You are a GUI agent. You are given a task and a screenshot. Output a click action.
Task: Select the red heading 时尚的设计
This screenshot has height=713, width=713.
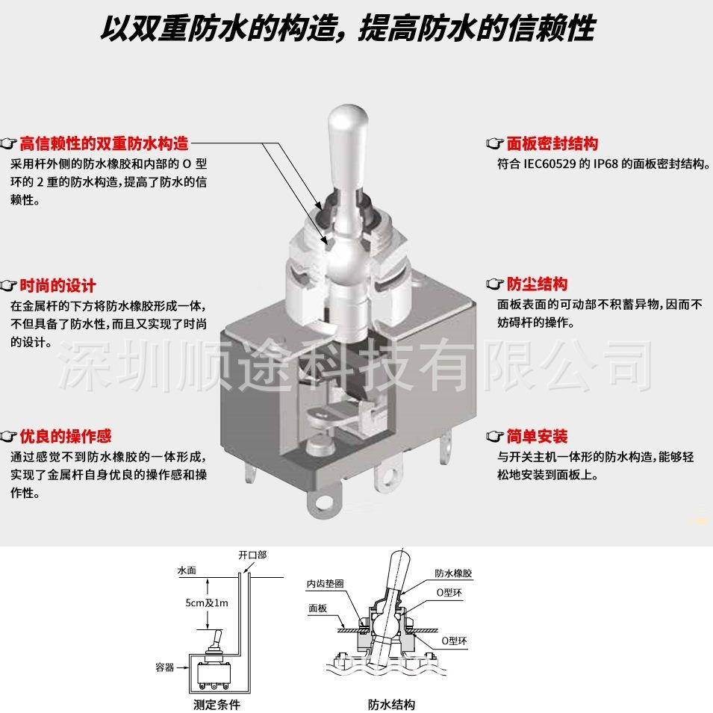click(x=57, y=285)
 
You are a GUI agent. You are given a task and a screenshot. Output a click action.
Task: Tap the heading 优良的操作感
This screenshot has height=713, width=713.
click(x=65, y=436)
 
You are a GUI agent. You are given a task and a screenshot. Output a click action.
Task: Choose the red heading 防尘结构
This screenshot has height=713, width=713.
click(x=537, y=284)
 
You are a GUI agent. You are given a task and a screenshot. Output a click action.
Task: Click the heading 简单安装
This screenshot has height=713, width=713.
click(x=537, y=436)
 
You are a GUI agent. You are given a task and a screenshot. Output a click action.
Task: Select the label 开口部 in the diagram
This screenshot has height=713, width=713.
click(x=252, y=555)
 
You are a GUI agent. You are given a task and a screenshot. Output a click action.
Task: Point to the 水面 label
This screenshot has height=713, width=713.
click(x=186, y=570)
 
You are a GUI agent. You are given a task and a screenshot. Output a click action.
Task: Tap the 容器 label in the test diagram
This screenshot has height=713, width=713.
click(x=164, y=667)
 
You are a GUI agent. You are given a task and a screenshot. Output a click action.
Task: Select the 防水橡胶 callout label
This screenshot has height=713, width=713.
click(x=454, y=573)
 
